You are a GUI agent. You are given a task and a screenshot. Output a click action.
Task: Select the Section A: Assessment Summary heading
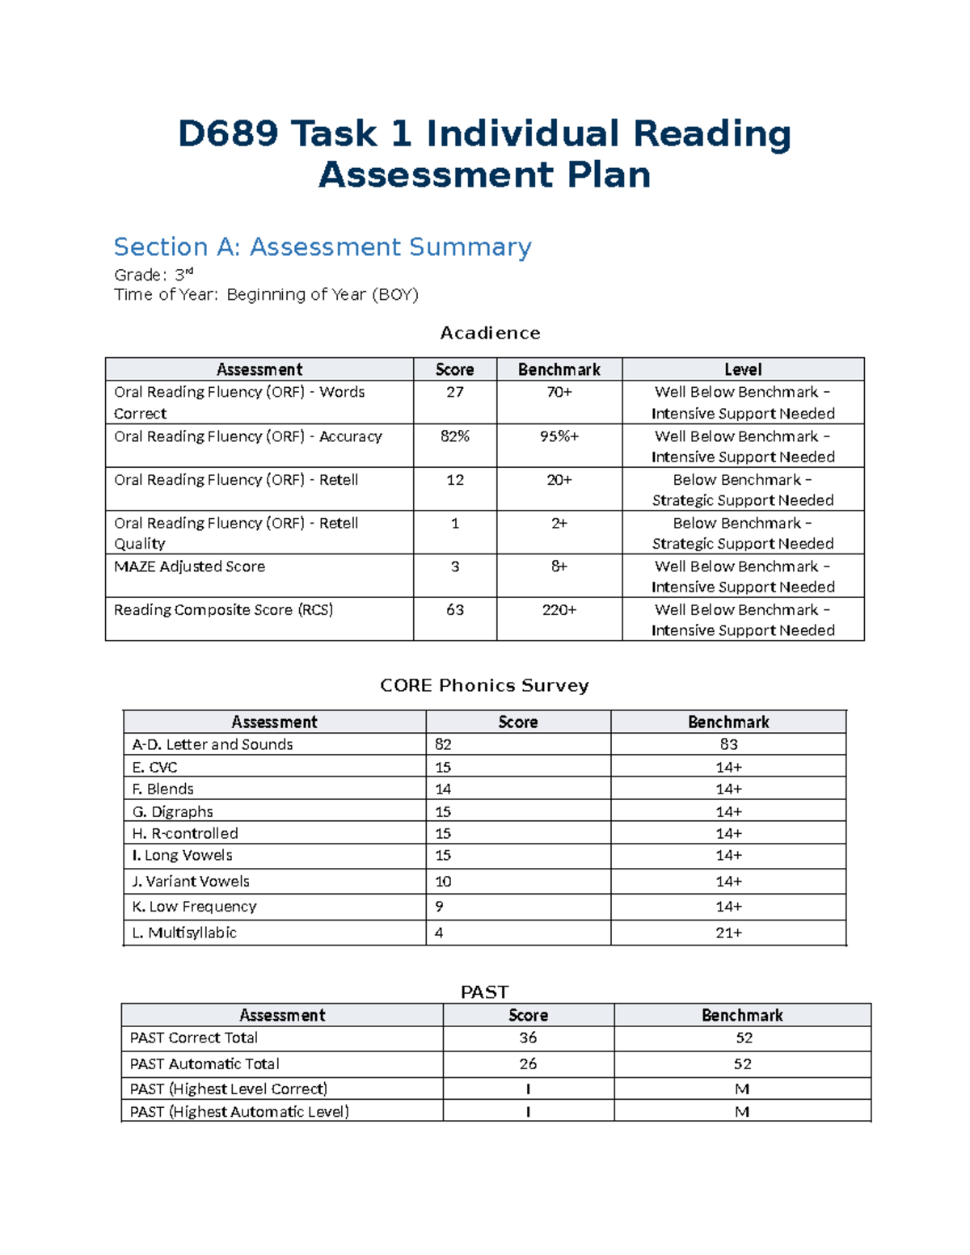pyautogui.click(x=323, y=246)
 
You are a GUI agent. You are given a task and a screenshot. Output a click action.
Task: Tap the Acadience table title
pyautogui.click(x=490, y=333)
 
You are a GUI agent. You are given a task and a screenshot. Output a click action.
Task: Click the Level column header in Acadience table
pyautogui.click(x=742, y=369)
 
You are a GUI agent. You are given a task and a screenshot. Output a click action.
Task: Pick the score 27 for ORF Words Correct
pyautogui.click(x=455, y=392)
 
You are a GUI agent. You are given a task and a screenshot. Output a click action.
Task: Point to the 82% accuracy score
pyautogui.click(x=455, y=436)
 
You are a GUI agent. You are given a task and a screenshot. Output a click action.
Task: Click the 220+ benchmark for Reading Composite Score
pyautogui.click(x=559, y=610)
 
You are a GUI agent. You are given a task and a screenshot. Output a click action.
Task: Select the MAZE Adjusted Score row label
pyautogui.click(x=189, y=566)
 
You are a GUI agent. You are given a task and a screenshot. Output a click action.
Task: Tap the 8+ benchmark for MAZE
pyautogui.click(x=559, y=566)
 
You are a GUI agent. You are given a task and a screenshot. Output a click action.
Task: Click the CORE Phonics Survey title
pyautogui.click(x=484, y=685)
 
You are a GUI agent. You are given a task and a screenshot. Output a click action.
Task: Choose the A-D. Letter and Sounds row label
pyautogui.click(x=212, y=744)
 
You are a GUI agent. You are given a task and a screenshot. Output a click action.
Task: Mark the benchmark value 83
pyautogui.click(x=728, y=744)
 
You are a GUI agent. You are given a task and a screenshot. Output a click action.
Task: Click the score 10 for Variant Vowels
pyautogui.click(x=443, y=882)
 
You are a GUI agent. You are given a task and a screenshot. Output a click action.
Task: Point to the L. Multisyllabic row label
pyautogui.click(x=184, y=933)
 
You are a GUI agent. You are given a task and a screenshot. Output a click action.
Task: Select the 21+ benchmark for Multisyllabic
pyautogui.click(x=728, y=933)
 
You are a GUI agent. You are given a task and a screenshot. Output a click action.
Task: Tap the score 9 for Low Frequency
pyautogui.click(x=439, y=907)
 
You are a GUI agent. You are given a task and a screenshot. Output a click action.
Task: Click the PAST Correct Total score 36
pyautogui.click(x=528, y=1038)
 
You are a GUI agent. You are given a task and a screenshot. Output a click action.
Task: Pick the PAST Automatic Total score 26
pyautogui.click(x=528, y=1064)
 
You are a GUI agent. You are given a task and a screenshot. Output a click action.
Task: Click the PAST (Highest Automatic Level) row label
pyautogui.click(x=239, y=1112)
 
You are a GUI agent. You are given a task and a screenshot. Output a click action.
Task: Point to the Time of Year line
pyautogui.click(x=266, y=294)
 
